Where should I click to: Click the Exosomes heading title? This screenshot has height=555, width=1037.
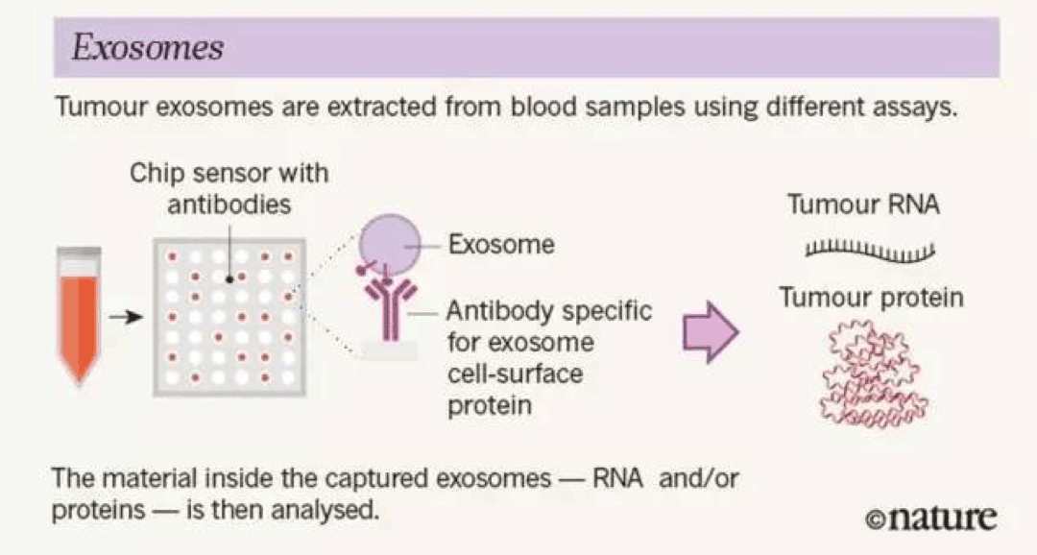tap(148, 48)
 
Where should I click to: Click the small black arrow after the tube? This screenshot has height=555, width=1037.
tap(127, 318)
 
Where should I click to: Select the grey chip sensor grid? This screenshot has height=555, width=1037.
tap(229, 318)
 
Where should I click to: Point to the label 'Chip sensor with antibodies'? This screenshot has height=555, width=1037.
tap(229, 188)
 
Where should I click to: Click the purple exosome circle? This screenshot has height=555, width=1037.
tap(390, 245)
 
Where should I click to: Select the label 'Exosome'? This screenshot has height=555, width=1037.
tap(501, 245)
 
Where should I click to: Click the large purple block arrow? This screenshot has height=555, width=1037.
tap(711, 332)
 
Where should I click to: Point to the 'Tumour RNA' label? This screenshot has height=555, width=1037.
tap(863, 205)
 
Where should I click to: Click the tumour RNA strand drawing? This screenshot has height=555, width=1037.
tap(870, 252)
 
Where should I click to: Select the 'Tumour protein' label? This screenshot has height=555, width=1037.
tap(871, 298)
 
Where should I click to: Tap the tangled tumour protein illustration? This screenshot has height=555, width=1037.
tap(872, 374)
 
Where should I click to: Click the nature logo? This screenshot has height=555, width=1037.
tap(930, 518)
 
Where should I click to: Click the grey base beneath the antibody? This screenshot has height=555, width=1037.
tap(390, 350)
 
